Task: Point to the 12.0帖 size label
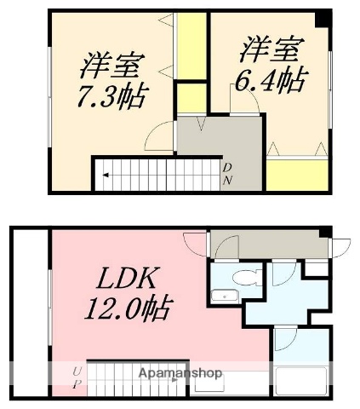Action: (x=127, y=307)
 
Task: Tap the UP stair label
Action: (x=77, y=376)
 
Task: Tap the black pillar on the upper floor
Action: (x=323, y=17)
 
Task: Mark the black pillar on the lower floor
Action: (x=323, y=232)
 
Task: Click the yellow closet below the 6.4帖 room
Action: (x=297, y=173)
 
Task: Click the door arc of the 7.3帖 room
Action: (x=162, y=136)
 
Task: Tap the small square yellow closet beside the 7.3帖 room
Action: (x=192, y=95)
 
